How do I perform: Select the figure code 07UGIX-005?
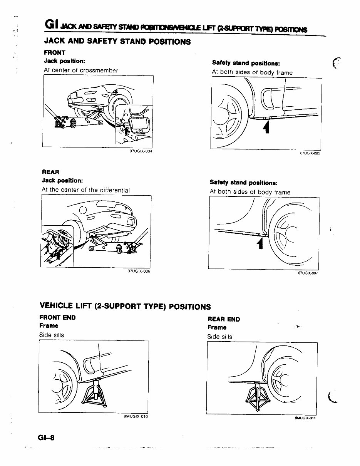click(x=310, y=153)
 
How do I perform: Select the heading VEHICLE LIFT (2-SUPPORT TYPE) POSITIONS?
click(x=125, y=307)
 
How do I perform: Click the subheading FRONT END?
click(x=57, y=318)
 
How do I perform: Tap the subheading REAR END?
click(x=223, y=319)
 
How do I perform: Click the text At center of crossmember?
click(x=80, y=70)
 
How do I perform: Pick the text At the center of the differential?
click(x=85, y=190)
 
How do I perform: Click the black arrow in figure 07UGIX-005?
click(x=265, y=127)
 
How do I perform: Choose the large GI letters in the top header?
click(x=51, y=24)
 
